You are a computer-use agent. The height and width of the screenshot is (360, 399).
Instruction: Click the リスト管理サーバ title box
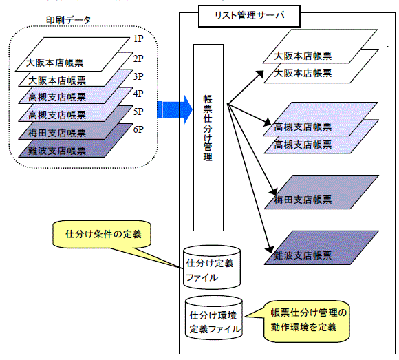pos(249,16)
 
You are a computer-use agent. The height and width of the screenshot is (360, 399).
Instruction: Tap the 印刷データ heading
pos(68,20)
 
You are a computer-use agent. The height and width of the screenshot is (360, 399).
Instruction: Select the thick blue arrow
pos(175,109)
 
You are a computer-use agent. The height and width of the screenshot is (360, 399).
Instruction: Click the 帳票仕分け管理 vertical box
pos(208,138)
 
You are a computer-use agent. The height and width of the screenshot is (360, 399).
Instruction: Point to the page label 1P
pos(138,39)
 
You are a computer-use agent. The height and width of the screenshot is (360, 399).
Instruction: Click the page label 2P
pos(138,59)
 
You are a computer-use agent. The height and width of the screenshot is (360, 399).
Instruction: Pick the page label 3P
pos(138,76)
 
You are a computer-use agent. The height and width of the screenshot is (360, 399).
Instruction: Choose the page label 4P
pos(138,94)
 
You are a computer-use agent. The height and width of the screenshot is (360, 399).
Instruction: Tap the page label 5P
pos(138,112)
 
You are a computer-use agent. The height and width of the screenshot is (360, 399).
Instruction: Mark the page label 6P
pos(138,129)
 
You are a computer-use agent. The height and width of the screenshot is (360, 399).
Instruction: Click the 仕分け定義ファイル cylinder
pos(212,267)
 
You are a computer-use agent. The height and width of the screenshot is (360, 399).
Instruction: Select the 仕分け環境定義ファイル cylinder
pos(214,317)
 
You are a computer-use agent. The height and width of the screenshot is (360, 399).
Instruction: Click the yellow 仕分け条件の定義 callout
pos(102,234)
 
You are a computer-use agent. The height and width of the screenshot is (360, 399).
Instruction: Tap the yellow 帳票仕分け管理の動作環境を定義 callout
pos(307,321)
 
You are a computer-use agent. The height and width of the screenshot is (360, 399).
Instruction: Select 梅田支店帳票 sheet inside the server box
pos(322,192)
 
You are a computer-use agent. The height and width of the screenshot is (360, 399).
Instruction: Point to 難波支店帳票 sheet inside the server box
pos(322,248)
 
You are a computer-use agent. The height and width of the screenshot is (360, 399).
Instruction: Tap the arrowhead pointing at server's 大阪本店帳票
pos(260,74)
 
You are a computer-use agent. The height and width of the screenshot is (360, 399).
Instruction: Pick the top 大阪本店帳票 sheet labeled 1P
pos(72,54)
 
